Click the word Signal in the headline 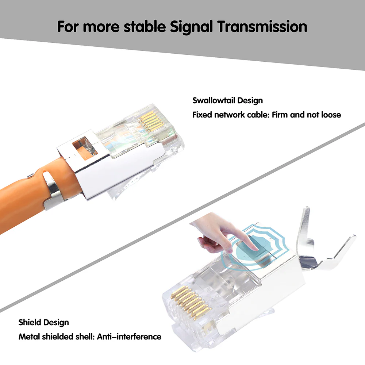[x=191, y=27]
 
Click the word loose [x=331, y=115]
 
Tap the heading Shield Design [x=43, y=323]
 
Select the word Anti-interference [x=129, y=337]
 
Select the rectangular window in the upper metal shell [x=85, y=148]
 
